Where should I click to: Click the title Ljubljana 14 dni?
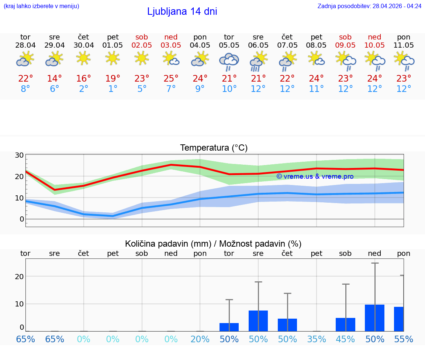point(182,11)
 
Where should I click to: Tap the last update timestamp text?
point(369,6)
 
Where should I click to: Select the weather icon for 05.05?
point(229,62)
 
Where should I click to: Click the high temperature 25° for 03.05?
point(171,79)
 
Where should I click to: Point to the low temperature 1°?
point(113,89)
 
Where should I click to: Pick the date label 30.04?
point(84,45)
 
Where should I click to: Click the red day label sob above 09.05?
point(345,37)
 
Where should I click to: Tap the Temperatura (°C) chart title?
point(214,148)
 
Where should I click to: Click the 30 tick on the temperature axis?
point(19,155)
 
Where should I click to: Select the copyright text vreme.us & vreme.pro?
point(315,176)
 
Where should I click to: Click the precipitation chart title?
point(213,244)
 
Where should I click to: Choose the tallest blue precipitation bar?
point(374,318)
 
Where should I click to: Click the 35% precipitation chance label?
point(317,339)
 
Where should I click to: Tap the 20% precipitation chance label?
point(200,339)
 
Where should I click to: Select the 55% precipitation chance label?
point(404,339)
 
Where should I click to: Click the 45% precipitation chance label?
point(345,339)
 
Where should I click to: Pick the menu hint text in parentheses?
point(41,6)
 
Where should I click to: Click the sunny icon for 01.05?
point(113,58)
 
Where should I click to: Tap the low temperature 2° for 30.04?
point(84,89)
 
